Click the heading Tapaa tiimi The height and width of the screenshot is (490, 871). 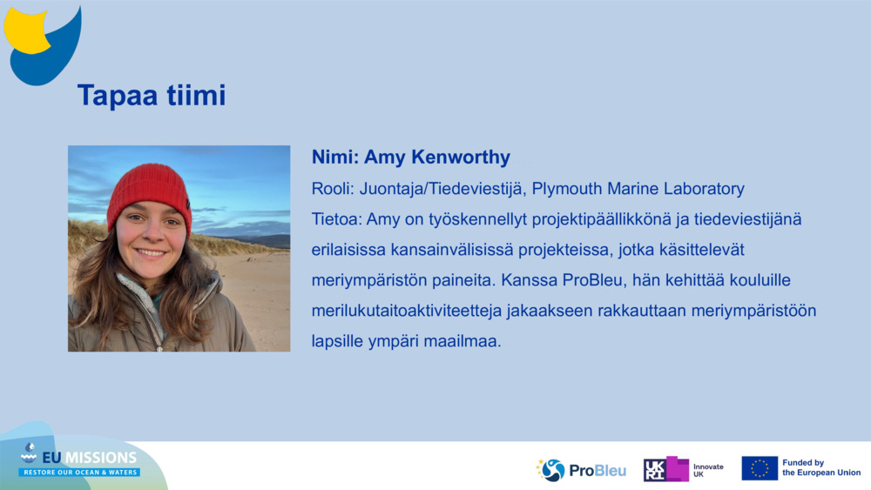click(152, 95)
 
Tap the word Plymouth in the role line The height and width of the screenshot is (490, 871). click(567, 189)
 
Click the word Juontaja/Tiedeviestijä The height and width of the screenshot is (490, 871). click(442, 189)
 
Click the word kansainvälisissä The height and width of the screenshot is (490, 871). click(451, 250)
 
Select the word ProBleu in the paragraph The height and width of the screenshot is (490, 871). click(592, 279)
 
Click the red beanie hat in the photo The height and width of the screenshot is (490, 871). click(149, 194)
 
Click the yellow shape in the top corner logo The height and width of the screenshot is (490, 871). click(25, 30)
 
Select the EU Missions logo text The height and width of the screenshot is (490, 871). click(89, 457)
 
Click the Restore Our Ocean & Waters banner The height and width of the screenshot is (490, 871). click(79, 473)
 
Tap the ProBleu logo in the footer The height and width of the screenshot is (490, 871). click(581, 470)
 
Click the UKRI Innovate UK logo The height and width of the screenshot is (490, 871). click(683, 469)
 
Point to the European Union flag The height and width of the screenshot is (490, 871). click(760, 468)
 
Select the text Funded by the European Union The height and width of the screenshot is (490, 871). click(821, 467)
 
